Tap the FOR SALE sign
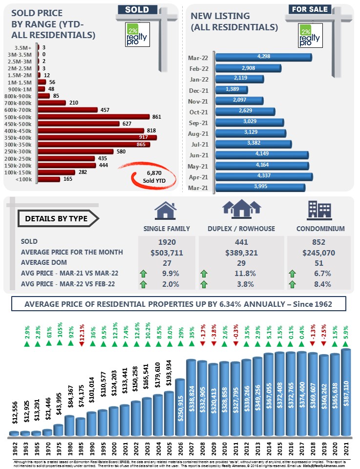[309, 9]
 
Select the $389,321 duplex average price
[241, 252]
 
